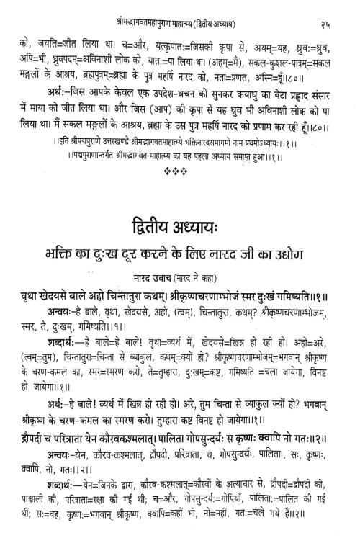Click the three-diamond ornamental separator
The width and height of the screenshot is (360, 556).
coord(179,158)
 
